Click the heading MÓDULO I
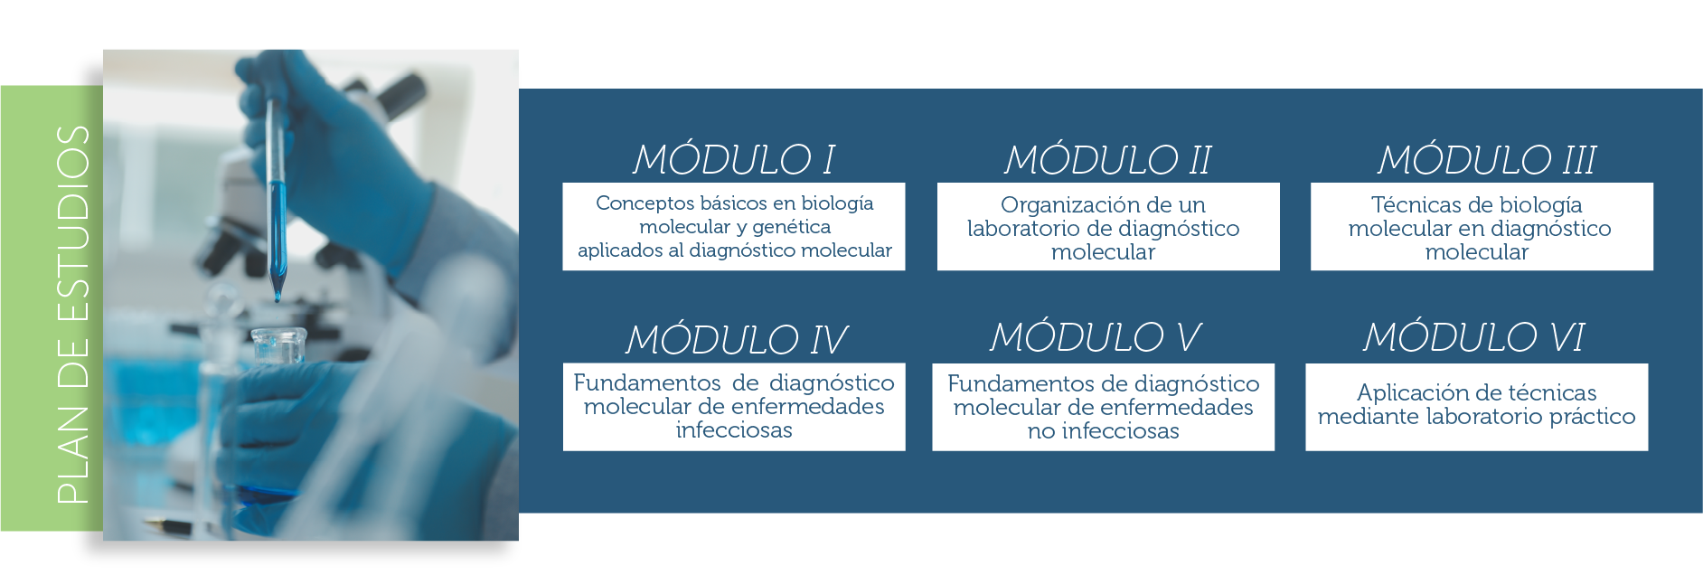733,159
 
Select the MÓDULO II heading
1108,159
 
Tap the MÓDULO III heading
1487,159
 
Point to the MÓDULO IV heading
737,339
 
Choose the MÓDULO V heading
1095,336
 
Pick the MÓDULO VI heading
1473,336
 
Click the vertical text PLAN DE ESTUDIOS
72,314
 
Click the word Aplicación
1412,393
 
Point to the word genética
791,228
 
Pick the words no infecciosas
1103,431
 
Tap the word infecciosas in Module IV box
734,430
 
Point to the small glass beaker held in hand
279,347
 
